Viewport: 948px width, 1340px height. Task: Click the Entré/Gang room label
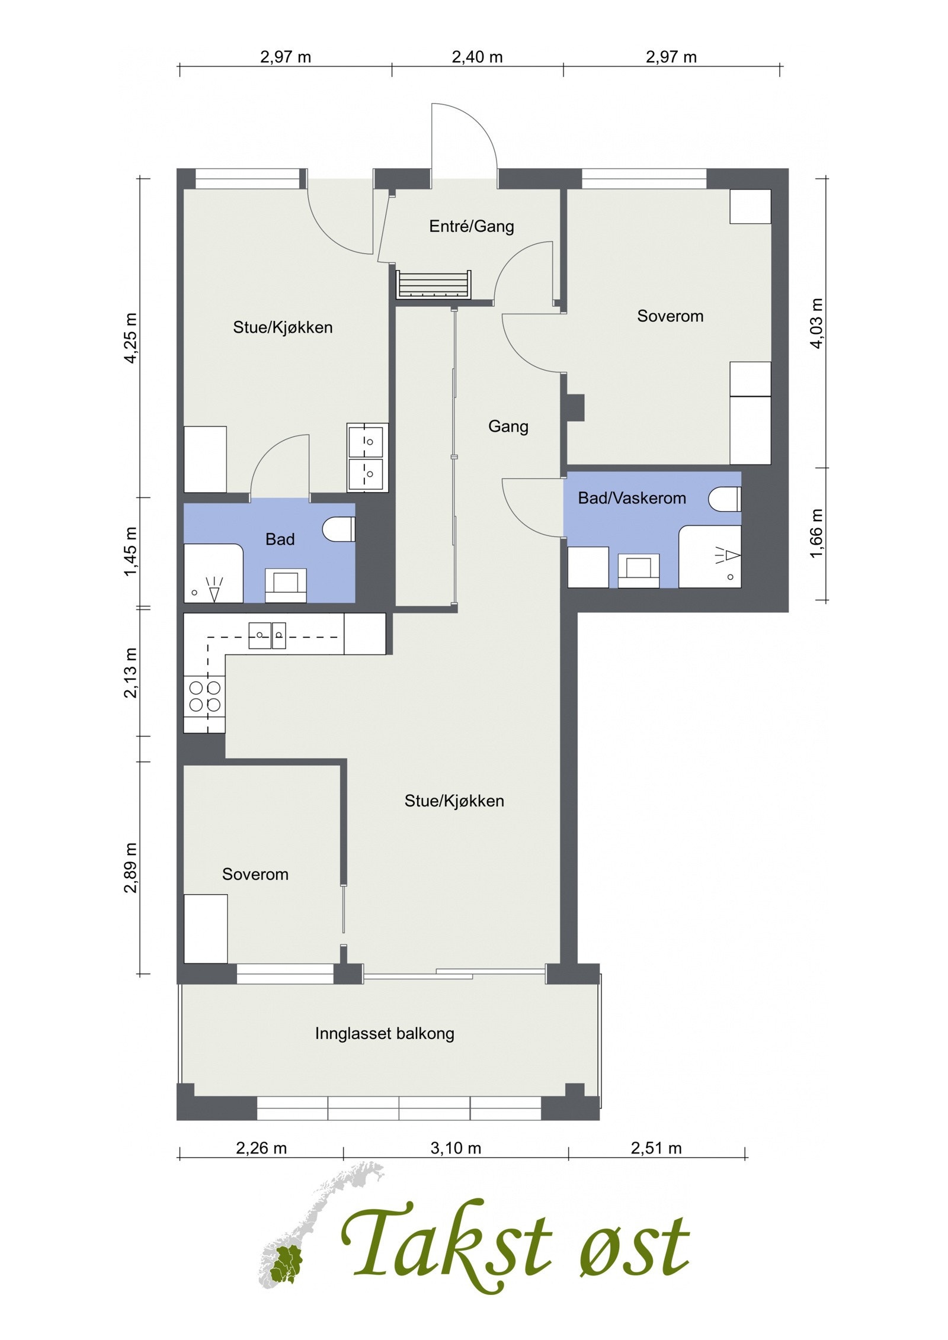(472, 226)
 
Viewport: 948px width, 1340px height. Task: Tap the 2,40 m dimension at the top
(477, 57)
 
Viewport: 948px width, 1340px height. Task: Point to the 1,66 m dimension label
(817, 533)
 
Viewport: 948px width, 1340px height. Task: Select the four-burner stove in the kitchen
(204, 696)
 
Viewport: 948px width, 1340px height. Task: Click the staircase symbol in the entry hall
(434, 285)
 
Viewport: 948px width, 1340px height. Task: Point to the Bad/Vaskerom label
(632, 498)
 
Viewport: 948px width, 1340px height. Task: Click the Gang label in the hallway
(508, 426)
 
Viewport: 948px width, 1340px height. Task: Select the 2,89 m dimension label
(131, 868)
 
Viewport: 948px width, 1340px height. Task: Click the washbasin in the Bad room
(286, 585)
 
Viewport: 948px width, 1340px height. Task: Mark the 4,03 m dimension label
(817, 323)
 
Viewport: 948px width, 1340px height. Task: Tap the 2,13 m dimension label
(131, 673)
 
